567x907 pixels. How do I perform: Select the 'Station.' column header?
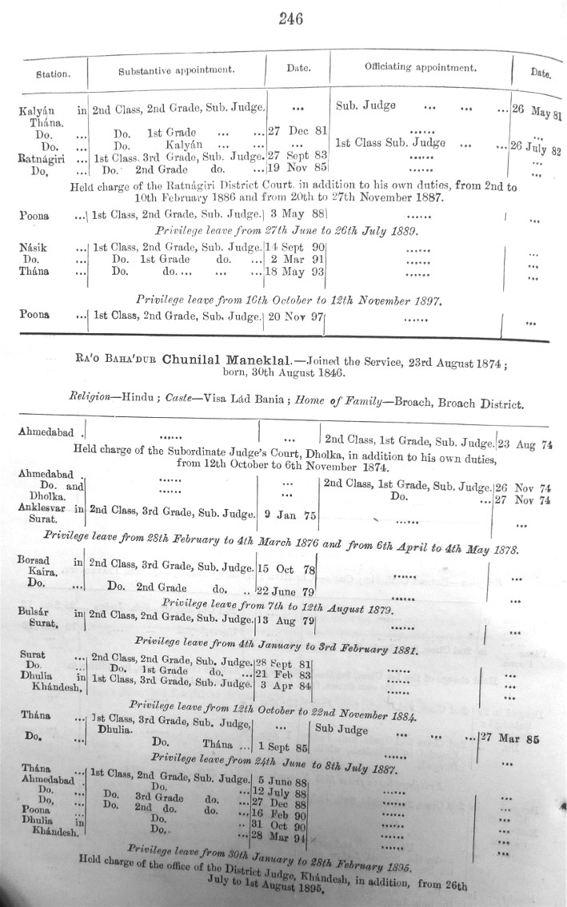[x=53, y=74]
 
